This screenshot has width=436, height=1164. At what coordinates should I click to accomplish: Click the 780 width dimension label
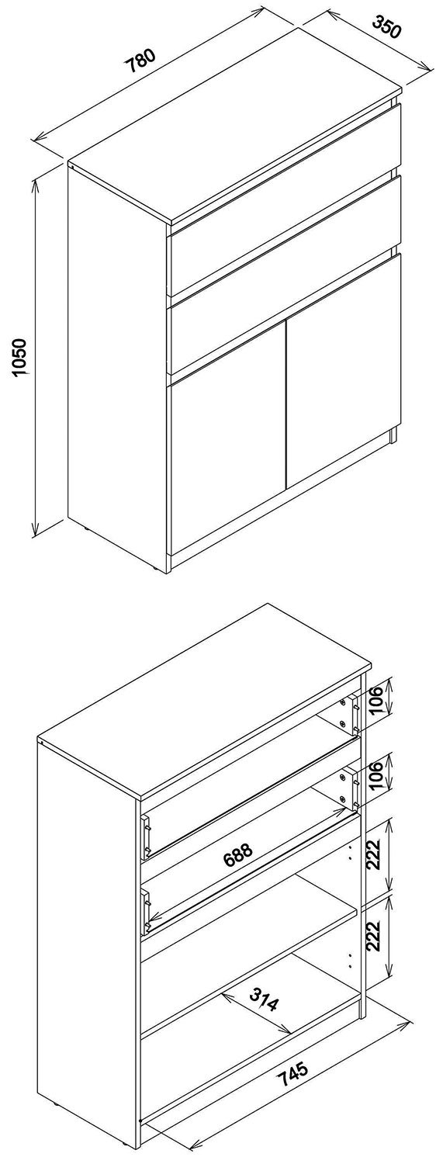click(x=140, y=60)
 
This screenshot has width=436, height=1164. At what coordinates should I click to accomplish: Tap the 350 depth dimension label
click(x=388, y=27)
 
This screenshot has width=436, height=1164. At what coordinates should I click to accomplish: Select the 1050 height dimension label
click(x=19, y=358)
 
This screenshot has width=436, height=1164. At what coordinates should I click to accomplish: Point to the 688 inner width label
click(x=238, y=854)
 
